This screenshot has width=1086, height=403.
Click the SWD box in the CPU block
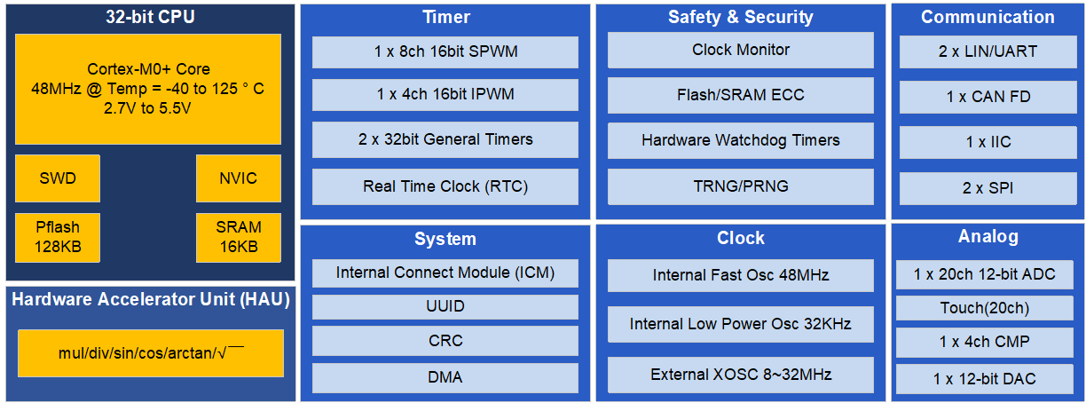58,178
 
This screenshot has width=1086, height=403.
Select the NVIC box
239,178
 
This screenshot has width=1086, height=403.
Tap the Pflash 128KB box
58,238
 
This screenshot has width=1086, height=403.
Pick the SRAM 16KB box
239,238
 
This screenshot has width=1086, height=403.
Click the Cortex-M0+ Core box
148,89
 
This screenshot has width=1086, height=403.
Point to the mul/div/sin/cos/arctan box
151,353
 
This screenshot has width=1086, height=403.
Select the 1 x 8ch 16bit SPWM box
445,51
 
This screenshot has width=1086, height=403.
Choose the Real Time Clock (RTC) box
445,186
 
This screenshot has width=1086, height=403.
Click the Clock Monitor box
741,50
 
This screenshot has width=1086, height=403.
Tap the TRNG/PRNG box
741,186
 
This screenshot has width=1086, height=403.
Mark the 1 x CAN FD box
988,97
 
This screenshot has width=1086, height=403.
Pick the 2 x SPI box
988,188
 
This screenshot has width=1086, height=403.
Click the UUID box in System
445,306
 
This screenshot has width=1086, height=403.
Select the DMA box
445,378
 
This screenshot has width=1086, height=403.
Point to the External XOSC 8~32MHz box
741,375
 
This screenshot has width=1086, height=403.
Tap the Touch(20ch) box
985,308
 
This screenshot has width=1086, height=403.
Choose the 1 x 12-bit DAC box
985,379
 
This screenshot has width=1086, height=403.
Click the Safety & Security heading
741,17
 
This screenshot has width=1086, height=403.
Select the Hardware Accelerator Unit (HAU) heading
151,299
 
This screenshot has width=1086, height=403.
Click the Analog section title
988,236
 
